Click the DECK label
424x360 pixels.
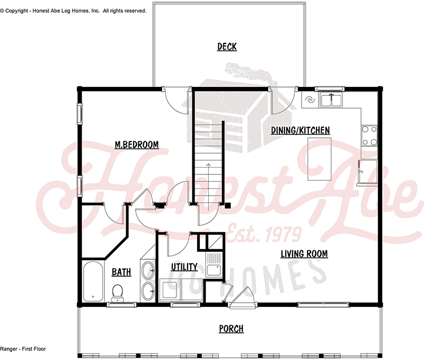(x=227, y=47)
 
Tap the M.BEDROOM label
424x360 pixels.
(x=137, y=144)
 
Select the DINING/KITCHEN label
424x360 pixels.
(x=301, y=130)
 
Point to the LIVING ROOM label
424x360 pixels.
(x=304, y=254)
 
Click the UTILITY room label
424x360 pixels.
(x=184, y=267)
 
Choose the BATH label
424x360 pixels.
(x=121, y=273)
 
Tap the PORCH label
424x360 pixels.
(x=231, y=329)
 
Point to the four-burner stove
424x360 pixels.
(x=369, y=135)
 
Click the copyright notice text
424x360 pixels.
(x=73, y=11)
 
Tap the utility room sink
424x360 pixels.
(x=214, y=269)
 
